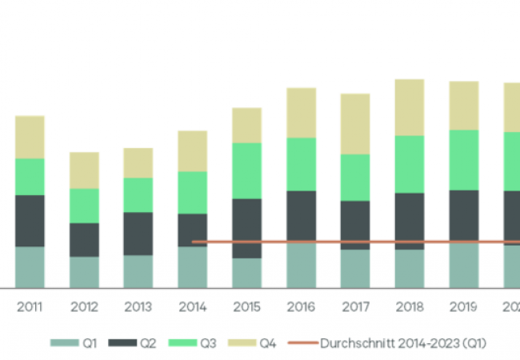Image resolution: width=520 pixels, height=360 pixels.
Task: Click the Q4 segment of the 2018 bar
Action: (x=409, y=107)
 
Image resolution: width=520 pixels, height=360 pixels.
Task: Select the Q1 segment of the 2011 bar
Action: (x=30, y=266)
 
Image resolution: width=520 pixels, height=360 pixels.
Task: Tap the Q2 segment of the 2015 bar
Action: (x=246, y=228)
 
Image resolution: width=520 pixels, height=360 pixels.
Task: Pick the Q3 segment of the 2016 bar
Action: (x=301, y=164)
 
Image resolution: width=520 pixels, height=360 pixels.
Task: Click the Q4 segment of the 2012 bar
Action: (x=84, y=170)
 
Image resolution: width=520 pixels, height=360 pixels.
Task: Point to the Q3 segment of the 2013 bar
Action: (x=138, y=194)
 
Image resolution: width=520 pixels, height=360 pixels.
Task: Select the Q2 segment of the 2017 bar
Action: (x=354, y=225)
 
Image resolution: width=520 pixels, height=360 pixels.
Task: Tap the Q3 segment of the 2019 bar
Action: (x=463, y=160)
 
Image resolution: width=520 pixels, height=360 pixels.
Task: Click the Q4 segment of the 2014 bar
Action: (x=192, y=150)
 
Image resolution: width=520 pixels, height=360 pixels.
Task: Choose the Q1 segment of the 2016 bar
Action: (x=301, y=266)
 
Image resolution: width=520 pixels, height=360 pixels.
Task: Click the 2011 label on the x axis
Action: (x=30, y=306)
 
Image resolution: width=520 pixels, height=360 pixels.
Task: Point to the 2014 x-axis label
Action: (x=192, y=306)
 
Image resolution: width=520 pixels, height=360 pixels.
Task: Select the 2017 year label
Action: (x=354, y=306)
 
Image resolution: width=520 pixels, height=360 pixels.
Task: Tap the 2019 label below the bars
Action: (x=463, y=306)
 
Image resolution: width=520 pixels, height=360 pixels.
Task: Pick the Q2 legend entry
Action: (x=138, y=343)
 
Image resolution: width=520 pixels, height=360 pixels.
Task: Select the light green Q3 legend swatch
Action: (x=183, y=343)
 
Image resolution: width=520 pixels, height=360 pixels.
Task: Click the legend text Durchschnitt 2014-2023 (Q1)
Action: (x=403, y=343)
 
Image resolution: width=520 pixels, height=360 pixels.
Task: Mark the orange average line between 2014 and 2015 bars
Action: (x=219, y=242)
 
